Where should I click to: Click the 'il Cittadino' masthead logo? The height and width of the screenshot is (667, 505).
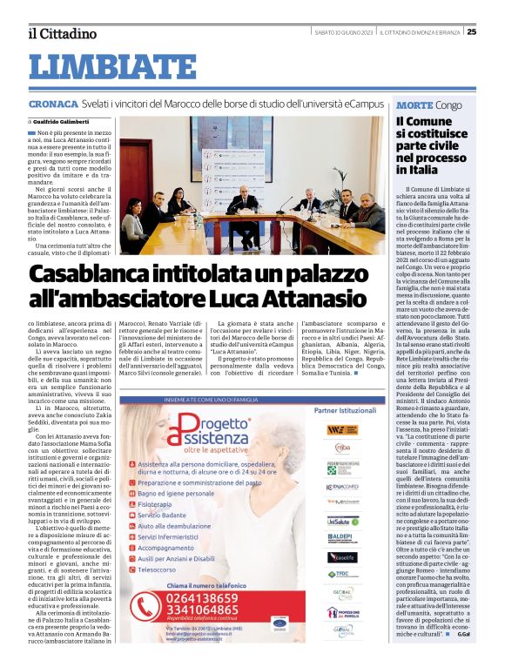pos(63,33)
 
